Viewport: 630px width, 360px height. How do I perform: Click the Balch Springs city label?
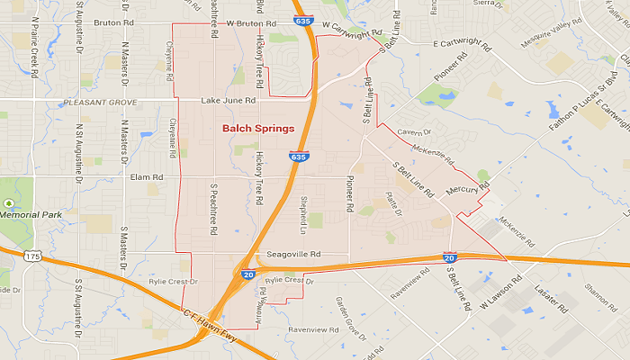[x=258, y=129]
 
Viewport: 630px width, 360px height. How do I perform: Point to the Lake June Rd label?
[x=229, y=100]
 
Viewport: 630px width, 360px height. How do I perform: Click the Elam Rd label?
[x=144, y=177]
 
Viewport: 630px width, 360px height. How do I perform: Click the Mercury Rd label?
[x=467, y=190]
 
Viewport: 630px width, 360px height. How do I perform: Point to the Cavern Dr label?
[x=414, y=133]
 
